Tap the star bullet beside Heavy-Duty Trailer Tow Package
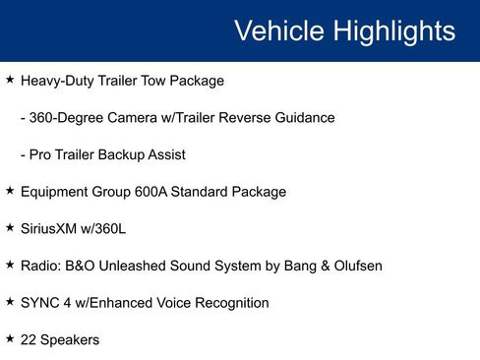click(x=10, y=80)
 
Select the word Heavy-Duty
click(x=57, y=81)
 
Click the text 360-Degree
click(x=64, y=118)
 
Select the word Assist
click(x=165, y=154)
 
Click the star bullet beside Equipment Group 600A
click(x=10, y=191)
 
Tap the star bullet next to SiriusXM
click(x=10, y=228)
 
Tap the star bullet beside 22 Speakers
click(x=10, y=338)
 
